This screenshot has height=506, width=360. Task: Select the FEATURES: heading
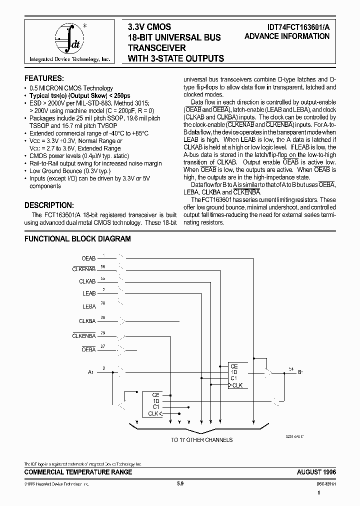pos(44,78)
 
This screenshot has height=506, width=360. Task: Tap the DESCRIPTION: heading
pos(49,205)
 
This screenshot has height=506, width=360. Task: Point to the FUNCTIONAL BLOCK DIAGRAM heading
pos(77,239)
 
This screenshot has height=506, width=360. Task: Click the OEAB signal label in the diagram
pos(88,258)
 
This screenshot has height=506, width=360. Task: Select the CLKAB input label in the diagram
pos(87,282)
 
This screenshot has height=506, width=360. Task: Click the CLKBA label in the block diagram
pos(87,320)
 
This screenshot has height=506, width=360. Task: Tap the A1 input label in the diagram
pos(90,372)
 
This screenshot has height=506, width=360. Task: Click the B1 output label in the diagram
pos(300,372)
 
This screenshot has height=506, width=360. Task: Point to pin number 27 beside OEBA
pos(103,346)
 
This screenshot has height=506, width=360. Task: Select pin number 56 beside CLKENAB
pos(103,266)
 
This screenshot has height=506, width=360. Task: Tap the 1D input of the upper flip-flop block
pos(233,372)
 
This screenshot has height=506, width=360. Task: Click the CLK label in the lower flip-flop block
pos(153,413)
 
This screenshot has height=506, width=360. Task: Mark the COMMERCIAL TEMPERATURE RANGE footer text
pos(78,472)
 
